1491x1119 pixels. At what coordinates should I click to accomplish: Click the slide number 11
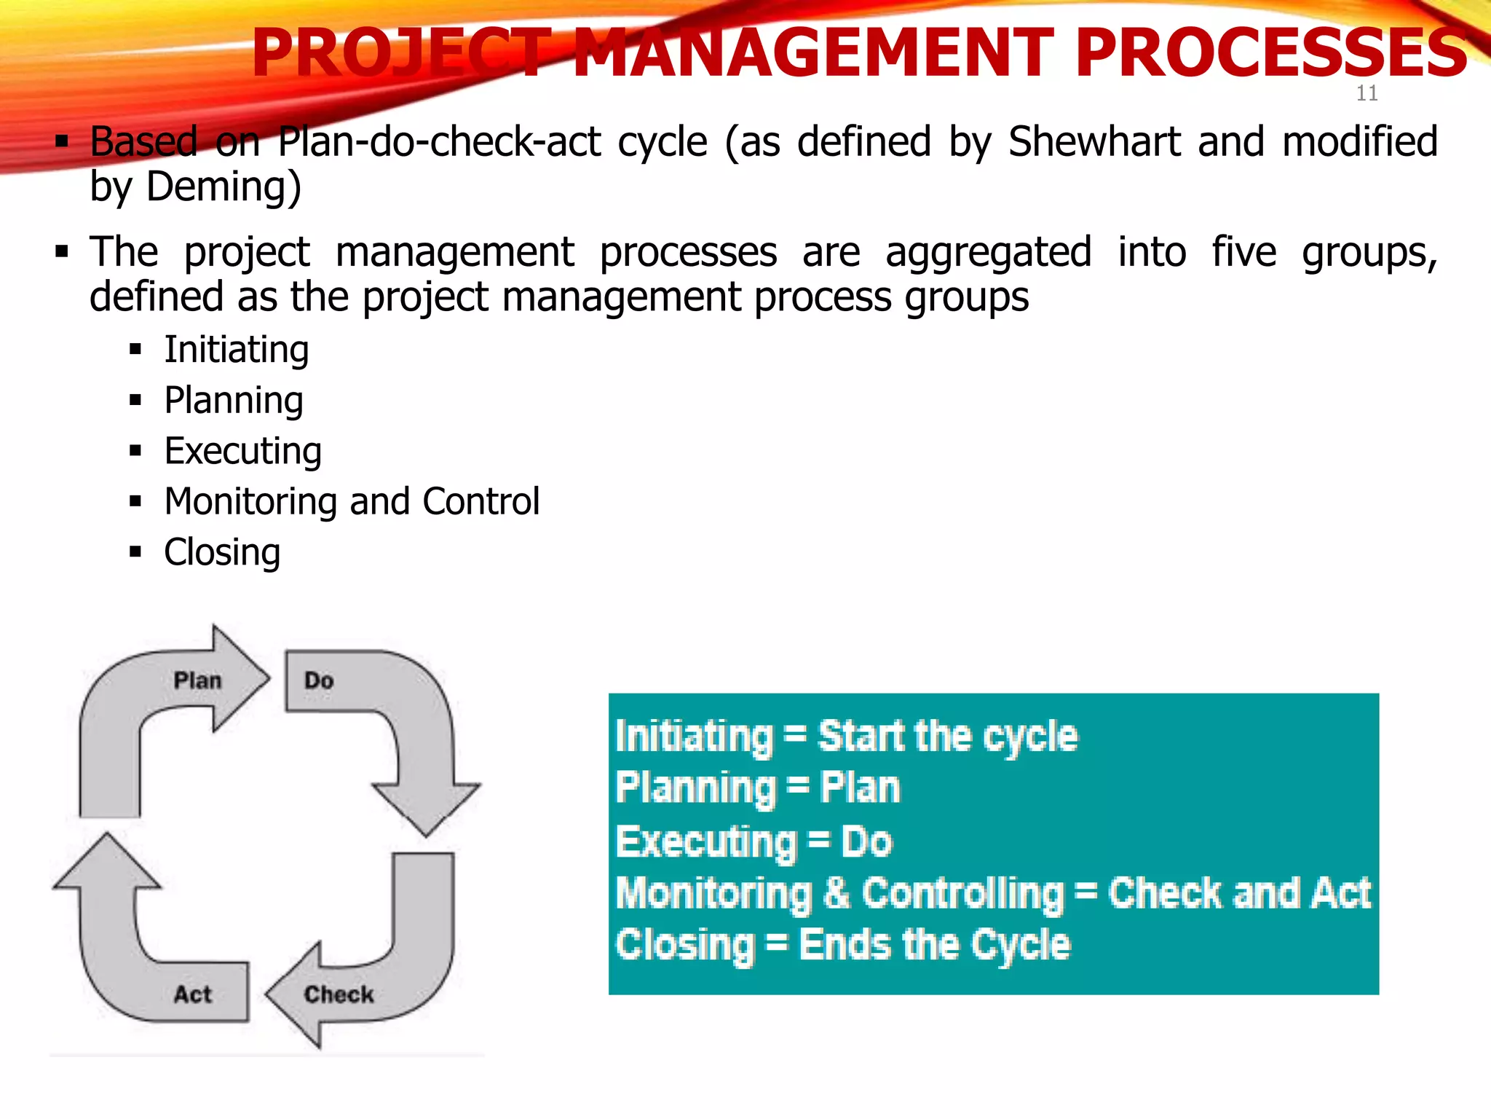1367,93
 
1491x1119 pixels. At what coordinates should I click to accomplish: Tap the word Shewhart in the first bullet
1094,141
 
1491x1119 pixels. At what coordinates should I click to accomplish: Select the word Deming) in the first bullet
224,186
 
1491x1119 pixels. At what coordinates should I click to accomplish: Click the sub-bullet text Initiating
237,350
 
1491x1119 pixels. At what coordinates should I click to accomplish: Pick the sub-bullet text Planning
234,401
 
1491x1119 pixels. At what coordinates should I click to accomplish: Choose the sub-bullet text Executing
242,451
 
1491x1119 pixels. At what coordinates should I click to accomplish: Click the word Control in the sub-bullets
480,501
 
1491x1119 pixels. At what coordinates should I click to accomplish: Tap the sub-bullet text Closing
222,552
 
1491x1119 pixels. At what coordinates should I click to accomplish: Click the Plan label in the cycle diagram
197,680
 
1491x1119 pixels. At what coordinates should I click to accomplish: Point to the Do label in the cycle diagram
319,680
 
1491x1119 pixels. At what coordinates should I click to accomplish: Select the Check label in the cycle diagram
339,994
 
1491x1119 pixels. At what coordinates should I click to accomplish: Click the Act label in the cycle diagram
192,994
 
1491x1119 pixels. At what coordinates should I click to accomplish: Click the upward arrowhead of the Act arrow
107,863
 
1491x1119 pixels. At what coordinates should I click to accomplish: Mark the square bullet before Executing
135,451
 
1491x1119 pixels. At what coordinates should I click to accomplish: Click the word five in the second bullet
1243,252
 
